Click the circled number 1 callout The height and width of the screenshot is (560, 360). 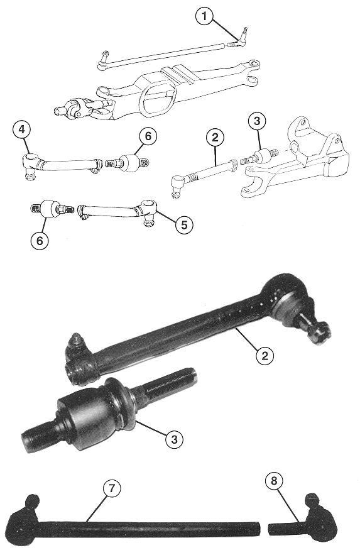tap(204, 16)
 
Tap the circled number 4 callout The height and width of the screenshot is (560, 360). tap(22, 129)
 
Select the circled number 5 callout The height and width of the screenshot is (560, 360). tap(184, 224)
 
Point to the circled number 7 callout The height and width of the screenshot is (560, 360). tap(112, 488)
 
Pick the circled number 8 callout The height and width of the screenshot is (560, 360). tap(274, 481)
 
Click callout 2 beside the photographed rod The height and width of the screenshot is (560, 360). tap(265, 356)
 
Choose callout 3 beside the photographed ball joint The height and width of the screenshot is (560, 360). tap(174, 439)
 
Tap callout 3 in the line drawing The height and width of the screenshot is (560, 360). tap(257, 121)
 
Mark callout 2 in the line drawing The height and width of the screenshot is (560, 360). tap(215, 138)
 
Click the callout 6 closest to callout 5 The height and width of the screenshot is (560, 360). tap(40, 240)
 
